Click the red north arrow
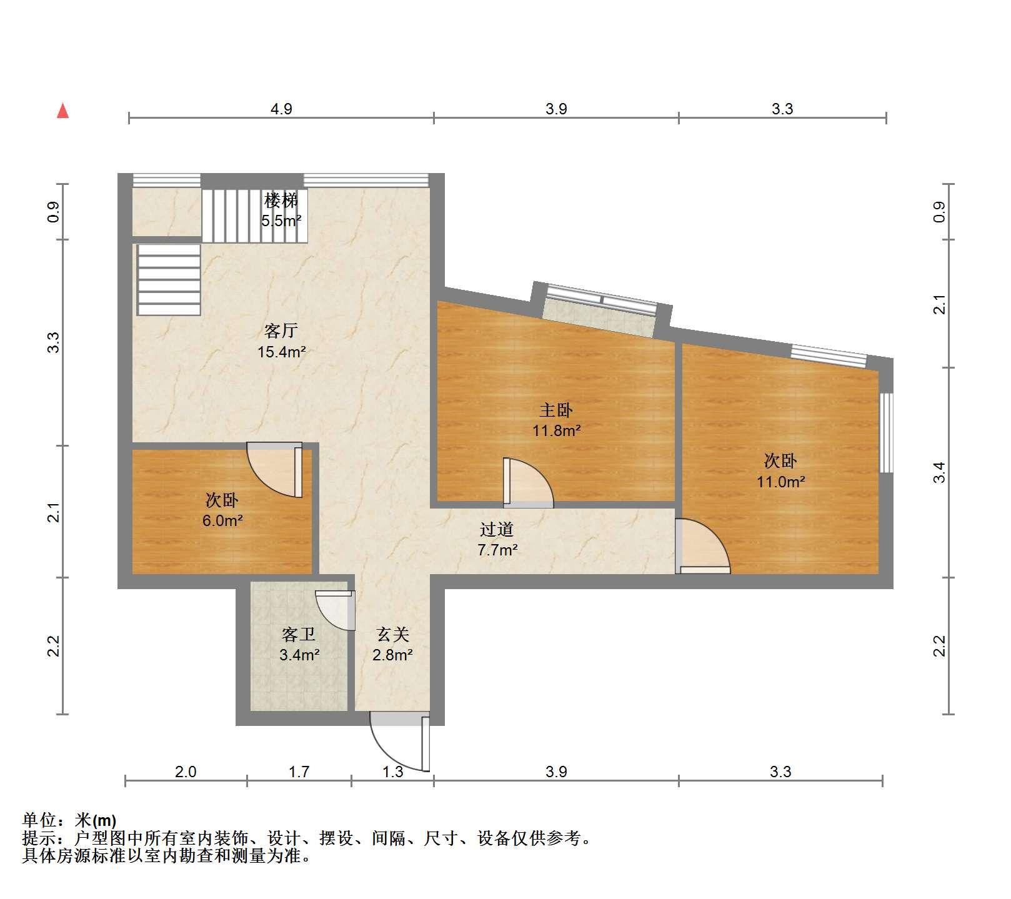pyautogui.click(x=62, y=111)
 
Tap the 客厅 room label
pyautogui.click(x=281, y=330)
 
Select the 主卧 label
pyautogui.click(x=556, y=410)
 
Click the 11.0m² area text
pyautogui.click(x=780, y=482)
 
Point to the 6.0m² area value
pyautogui.click(x=222, y=520)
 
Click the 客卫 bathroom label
pyautogui.click(x=299, y=635)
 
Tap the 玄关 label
pyautogui.click(x=393, y=635)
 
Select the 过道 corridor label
pyautogui.click(x=497, y=530)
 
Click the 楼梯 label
pyautogui.click(x=281, y=201)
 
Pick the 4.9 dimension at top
pyautogui.click(x=281, y=109)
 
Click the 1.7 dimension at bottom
pyautogui.click(x=299, y=772)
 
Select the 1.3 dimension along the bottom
pyautogui.click(x=392, y=772)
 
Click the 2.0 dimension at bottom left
pyautogui.click(x=186, y=772)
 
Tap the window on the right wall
pyautogui.click(x=886, y=432)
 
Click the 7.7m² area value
pyautogui.click(x=497, y=550)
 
